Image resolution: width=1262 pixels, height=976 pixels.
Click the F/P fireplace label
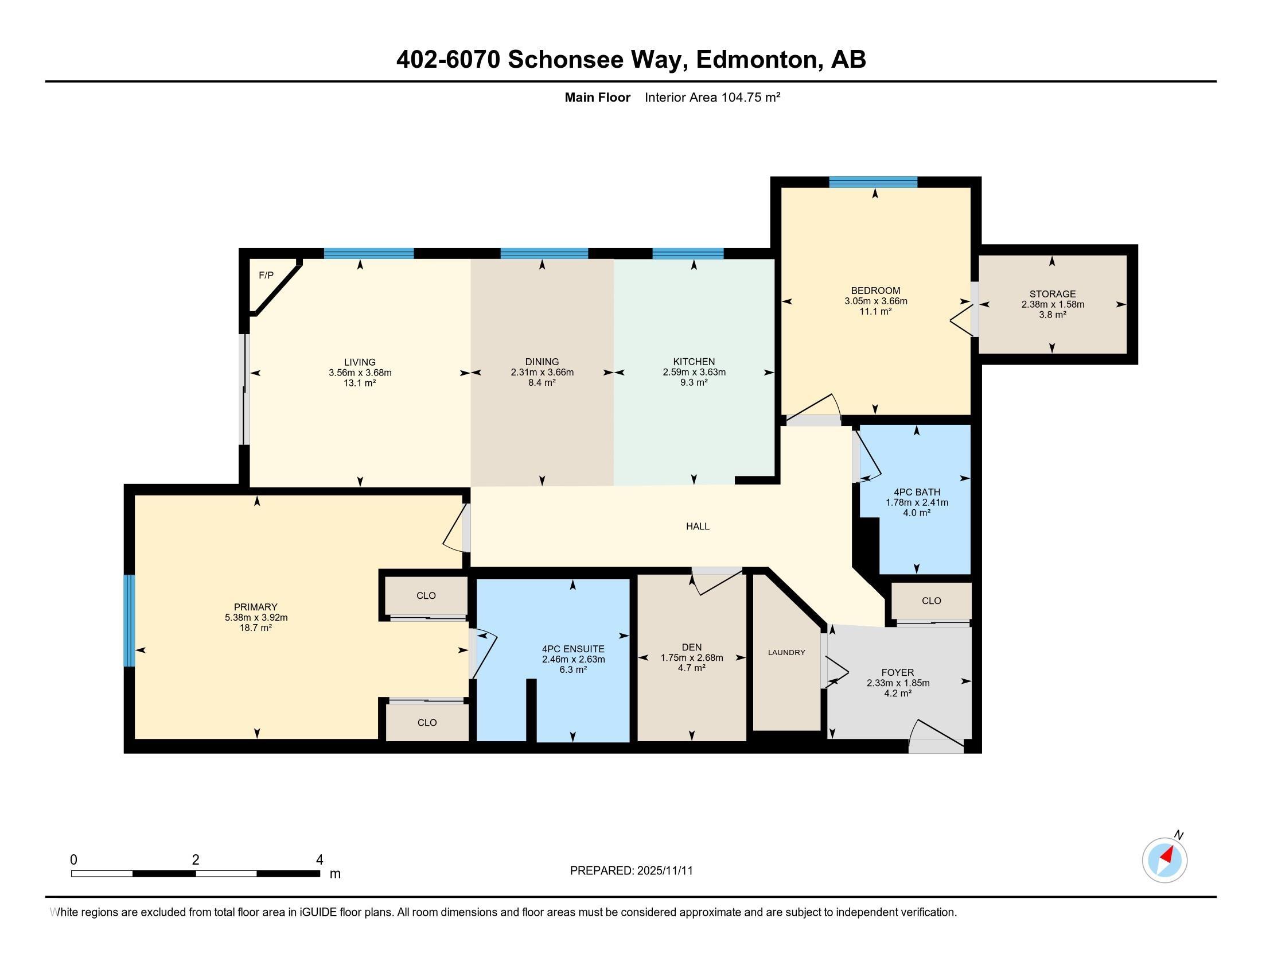(x=266, y=275)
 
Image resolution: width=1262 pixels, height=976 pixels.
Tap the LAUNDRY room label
(x=786, y=652)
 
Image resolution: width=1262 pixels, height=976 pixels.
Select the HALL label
(x=698, y=526)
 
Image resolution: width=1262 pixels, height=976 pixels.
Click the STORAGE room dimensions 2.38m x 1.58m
(x=1052, y=304)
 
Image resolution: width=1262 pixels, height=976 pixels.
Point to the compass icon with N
(x=1164, y=860)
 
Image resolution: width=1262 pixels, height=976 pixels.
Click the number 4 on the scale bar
(x=319, y=860)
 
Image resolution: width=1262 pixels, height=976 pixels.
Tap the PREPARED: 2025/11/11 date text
(x=631, y=871)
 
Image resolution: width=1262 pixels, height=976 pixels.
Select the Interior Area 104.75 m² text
(x=712, y=97)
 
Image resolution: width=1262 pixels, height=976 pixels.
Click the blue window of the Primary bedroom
(x=130, y=621)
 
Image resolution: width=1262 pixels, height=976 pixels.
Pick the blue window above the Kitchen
(x=688, y=253)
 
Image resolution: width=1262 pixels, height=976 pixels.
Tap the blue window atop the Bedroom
(x=873, y=182)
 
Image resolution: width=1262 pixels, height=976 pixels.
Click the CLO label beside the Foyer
(x=931, y=601)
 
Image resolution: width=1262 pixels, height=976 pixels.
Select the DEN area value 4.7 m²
(x=691, y=668)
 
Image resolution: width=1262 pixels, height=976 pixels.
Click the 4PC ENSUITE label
(x=572, y=649)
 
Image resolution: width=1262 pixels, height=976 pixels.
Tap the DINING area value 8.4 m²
(x=542, y=382)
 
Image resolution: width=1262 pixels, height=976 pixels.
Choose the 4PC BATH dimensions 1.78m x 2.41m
(x=917, y=502)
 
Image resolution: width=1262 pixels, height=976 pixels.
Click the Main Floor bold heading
(x=597, y=97)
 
